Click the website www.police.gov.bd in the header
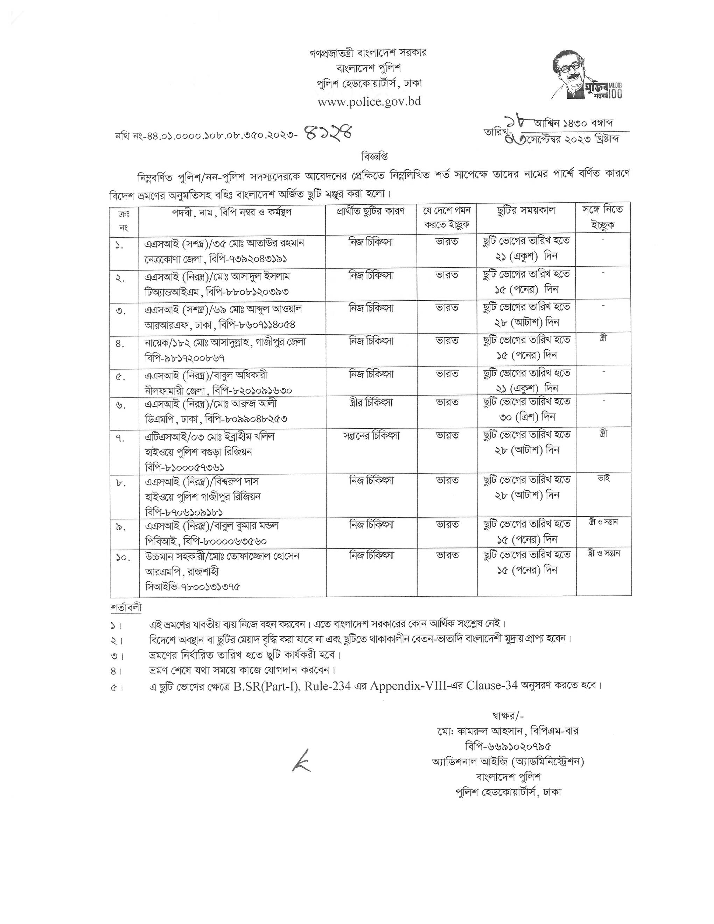pyautogui.click(x=369, y=102)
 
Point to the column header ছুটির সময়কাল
pyautogui.click(x=526, y=211)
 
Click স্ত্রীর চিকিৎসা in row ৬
pyautogui.click(x=371, y=402)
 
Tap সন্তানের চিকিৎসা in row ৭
pyautogui.click(x=371, y=435)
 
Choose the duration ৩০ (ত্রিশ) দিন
pyautogui.click(x=527, y=417)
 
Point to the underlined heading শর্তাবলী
pyautogui.click(x=126, y=608)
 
